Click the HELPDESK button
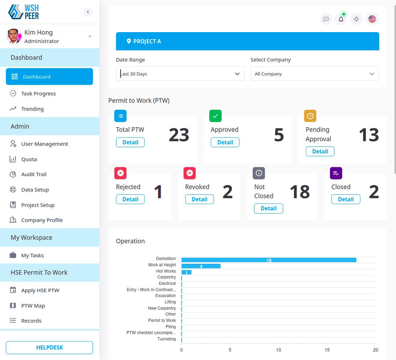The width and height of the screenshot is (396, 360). point(49,347)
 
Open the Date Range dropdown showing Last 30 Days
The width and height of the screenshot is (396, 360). point(180,74)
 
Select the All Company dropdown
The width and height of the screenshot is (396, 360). point(315,74)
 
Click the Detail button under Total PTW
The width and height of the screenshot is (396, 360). point(130,142)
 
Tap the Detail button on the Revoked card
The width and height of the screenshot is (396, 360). point(199,199)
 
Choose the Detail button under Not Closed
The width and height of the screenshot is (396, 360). point(268,209)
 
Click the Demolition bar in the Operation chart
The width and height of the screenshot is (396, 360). point(268,260)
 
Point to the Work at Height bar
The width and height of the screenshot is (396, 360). point(201,266)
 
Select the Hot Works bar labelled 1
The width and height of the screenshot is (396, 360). point(186,272)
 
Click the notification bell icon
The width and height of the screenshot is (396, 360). point(341,19)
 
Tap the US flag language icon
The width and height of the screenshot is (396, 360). point(372,19)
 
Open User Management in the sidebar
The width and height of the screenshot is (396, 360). point(44,144)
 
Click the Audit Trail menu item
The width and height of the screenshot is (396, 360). point(34,174)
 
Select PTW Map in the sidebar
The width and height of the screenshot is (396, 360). point(33,305)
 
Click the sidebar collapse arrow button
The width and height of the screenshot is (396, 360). point(88,12)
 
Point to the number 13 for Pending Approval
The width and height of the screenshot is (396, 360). point(368,135)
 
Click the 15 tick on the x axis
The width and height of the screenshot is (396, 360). point(327,350)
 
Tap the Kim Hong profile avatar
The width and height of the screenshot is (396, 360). point(14,36)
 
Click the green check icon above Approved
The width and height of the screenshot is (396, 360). point(215,116)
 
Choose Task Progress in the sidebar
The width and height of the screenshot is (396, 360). point(38,93)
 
